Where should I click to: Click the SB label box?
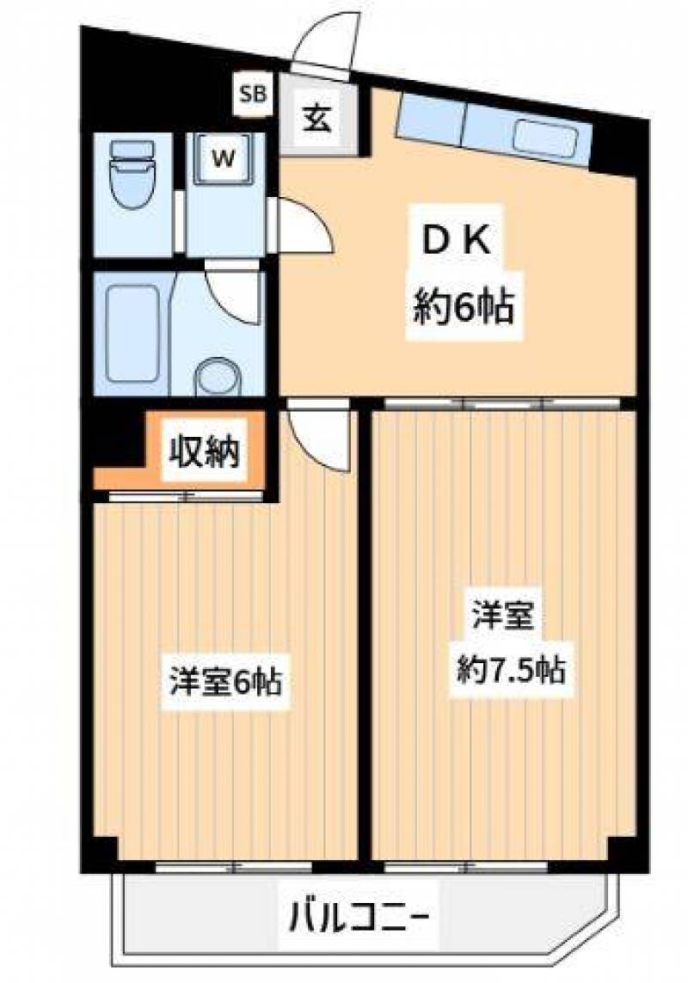254,95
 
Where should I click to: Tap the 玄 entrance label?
317,120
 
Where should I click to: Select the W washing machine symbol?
223,158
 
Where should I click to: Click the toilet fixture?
132,175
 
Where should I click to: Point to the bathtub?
132,334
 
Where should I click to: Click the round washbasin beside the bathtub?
218,377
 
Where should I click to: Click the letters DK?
455,241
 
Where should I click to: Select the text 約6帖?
463,307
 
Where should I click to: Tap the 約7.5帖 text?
511,670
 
